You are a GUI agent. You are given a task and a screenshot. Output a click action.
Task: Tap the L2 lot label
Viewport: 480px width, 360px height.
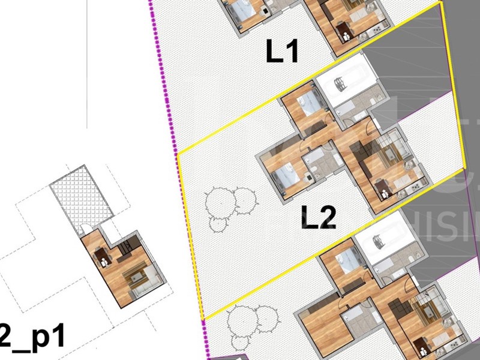click(318, 218)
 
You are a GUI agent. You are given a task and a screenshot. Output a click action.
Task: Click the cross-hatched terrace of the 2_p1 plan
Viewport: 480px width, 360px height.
click(82, 199)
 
